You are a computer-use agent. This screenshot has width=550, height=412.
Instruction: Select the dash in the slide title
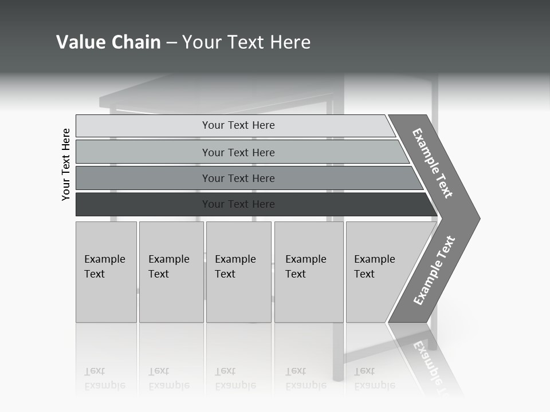pos(171,43)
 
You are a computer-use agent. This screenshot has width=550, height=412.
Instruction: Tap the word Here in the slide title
pos(290,42)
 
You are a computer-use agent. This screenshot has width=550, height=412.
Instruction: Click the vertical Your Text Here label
pos(66,164)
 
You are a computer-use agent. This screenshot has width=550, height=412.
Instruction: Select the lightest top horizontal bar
pos(238,125)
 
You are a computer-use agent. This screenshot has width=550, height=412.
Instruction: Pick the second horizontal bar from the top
pos(238,152)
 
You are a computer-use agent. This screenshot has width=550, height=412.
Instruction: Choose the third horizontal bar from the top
pos(238,178)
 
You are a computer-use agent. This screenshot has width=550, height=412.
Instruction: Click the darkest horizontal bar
pos(238,204)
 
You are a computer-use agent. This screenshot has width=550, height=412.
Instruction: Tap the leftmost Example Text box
pos(106,272)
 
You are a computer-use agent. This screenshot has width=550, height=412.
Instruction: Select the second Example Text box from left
pos(171,272)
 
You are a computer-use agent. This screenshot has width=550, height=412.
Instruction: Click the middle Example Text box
pos(238,272)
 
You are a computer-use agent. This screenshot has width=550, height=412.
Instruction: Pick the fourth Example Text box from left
pos(308,272)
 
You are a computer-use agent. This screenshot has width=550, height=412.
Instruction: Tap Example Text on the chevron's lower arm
pos(434,271)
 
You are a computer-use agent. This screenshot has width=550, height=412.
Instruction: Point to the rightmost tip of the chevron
pos(478,218)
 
